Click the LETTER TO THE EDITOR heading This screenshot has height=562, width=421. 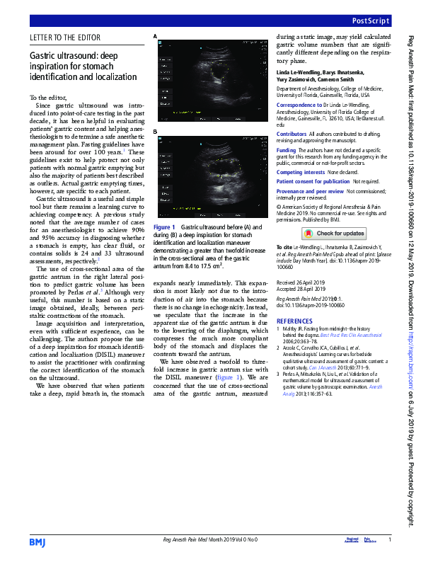point(65,38)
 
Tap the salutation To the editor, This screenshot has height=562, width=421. point(48,96)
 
